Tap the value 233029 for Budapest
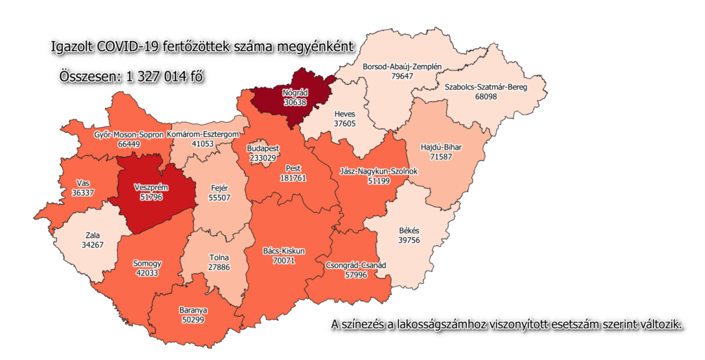tap(263, 158)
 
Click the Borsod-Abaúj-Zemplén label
tap(402, 67)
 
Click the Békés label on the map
tap(408, 231)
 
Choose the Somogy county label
tap(147, 263)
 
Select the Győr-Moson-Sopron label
tap(129, 133)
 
